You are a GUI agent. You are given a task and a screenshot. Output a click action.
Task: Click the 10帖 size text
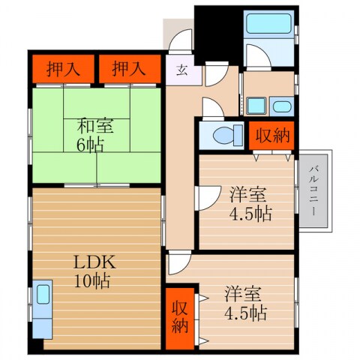click(93, 282)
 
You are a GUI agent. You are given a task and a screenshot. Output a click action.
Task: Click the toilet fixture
click(223, 136)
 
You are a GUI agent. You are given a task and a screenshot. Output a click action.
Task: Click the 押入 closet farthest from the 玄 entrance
click(58, 70)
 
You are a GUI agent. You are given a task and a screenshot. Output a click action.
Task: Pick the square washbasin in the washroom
click(257, 106)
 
